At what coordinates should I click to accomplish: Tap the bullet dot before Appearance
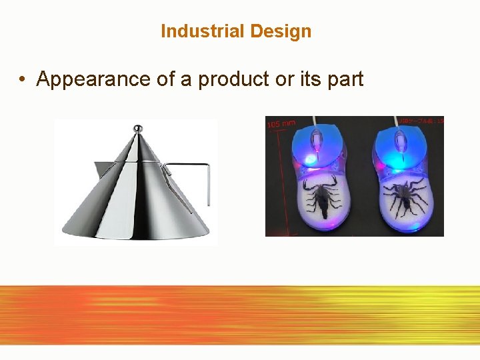pyautogui.click(x=23, y=79)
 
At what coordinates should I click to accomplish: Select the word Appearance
pyautogui.click(x=85, y=79)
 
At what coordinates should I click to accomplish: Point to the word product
pyautogui.click(x=232, y=79)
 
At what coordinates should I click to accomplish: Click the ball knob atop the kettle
pyautogui.click(x=137, y=128)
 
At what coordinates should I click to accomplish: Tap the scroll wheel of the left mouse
pyautogui.click(x=319, y=143)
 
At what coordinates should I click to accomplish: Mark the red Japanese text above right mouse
pyautogui.click(x=421, y=121)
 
